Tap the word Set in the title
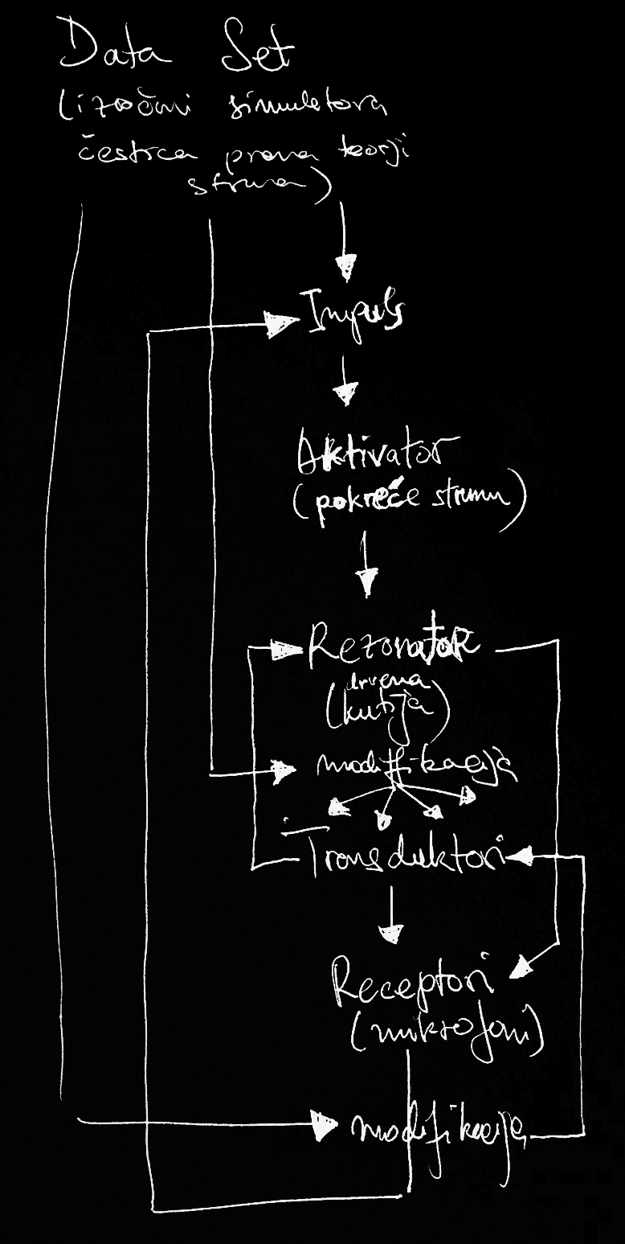coord(258,53)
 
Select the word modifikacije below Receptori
coord(439,1133)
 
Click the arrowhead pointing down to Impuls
coord(346,266)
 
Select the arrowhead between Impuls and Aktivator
coord(346,395)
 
